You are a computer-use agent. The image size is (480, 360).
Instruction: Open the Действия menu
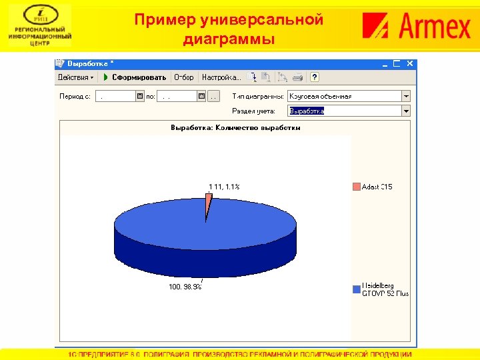tap(75, 77)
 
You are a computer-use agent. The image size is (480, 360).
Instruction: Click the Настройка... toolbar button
tap(221, 77)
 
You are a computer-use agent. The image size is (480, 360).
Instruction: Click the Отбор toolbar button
tap(184, 77)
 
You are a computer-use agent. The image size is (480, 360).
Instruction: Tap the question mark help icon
tap(315, 77)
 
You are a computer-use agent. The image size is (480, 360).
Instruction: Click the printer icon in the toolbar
tap(298, 77)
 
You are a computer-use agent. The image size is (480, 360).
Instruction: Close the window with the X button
tap(411, 63)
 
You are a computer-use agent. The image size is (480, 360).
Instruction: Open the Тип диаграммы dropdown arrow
tap(406, 96)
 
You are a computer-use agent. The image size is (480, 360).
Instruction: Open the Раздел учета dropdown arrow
tap(406, 111)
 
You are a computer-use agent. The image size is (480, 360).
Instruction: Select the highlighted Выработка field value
tap(307, 111)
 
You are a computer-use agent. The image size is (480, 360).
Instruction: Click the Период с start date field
tap(115, 96)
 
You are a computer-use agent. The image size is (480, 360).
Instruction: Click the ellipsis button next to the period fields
tap(213, 96)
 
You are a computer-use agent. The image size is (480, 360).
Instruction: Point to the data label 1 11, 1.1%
tap(224, 187)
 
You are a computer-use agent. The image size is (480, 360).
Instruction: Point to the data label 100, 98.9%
tap(185, 287)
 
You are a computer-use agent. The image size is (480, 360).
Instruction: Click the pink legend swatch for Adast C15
tap(356, 187)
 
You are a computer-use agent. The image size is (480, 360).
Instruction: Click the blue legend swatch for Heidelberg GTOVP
tap(356, 289)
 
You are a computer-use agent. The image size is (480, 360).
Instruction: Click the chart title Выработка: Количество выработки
tap(235, 127)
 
